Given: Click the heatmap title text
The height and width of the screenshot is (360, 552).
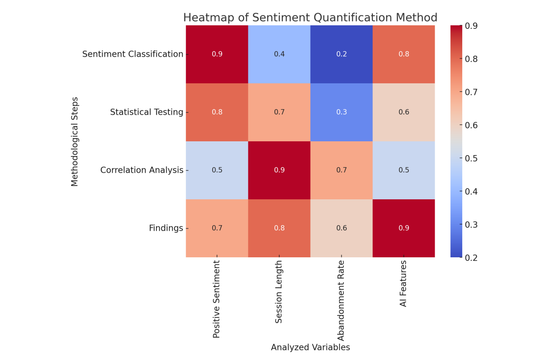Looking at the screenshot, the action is pos(310,18).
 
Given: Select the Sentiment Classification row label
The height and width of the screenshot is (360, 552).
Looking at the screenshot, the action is pos(133,54).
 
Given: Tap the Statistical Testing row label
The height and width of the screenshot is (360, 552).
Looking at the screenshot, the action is pos(146,112).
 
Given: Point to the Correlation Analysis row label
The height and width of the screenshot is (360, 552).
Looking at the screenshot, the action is pos(142,170).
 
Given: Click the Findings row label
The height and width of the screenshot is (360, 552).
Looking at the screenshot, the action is pos(166,228).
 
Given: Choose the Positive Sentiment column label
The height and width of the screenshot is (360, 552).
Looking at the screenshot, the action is pos(216,299).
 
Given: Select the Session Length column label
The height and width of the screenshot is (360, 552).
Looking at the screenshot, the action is pos(278,292).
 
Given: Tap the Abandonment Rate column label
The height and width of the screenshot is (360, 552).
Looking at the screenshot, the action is pos(341,301).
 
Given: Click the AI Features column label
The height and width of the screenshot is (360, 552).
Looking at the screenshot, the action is pos(403,284).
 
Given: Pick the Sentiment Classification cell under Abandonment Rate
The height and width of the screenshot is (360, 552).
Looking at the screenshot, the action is pos(342,54).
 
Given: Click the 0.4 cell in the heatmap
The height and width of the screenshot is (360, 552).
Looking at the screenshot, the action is pos(279,54).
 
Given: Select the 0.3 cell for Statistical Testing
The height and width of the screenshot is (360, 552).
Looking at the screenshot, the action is pos(342,112).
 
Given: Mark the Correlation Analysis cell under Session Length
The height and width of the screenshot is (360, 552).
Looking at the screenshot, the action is pos(279,170).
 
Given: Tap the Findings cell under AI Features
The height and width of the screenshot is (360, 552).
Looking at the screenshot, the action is pos(404,228).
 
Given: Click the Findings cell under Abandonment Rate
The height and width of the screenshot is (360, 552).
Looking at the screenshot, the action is pos(342,228).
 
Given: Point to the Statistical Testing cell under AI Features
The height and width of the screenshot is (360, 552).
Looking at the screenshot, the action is pos(404,112).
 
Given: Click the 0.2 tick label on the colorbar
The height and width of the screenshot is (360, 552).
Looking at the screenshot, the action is pos(471,258).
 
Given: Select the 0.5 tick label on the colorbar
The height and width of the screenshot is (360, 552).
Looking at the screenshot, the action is pos(471,158).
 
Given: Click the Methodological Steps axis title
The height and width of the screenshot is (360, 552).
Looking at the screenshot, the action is pos(74,142).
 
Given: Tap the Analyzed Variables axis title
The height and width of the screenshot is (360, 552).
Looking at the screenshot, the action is pos(311,347).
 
